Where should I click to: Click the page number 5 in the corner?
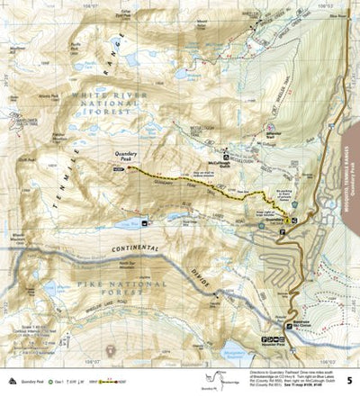(350, 380)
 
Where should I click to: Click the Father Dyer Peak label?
(121, 14)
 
